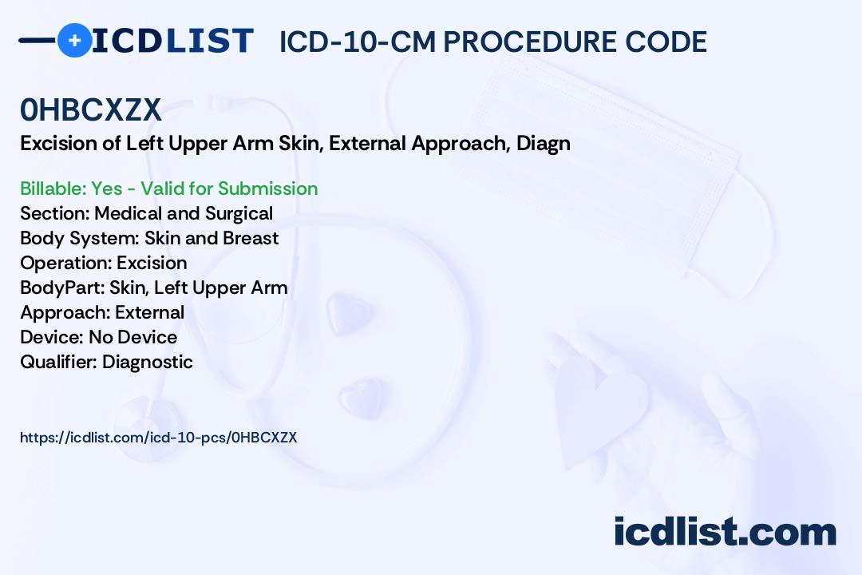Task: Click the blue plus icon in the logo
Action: (75, 40)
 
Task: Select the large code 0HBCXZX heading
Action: (91, 109)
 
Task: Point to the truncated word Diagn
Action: (544, 145)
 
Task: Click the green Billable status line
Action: (168, 188)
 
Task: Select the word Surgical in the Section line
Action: (239, 214)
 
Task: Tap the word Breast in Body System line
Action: (251, 238)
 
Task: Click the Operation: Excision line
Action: (103, 263)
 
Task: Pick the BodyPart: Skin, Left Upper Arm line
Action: (154, 288)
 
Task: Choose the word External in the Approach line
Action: (149, 312)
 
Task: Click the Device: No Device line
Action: (98, 337)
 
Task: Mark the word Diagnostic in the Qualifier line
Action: (148, 362)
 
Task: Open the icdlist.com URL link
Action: (158, 438)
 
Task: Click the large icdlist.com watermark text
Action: (725, 531)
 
